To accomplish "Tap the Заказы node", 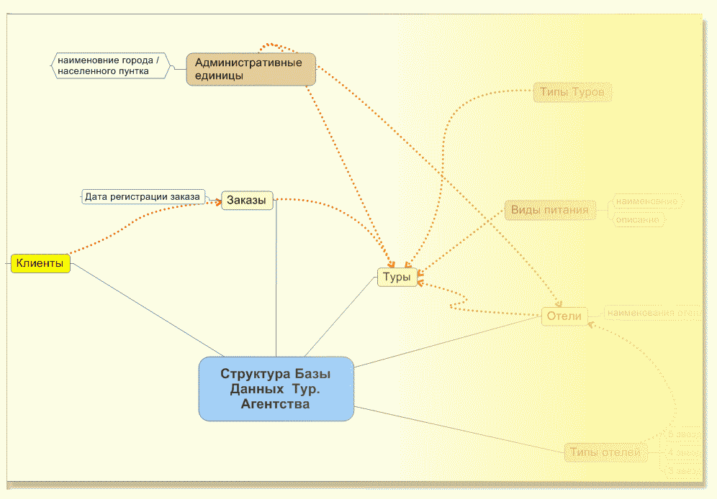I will point(246,200).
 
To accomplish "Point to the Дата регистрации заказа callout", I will point(142,196).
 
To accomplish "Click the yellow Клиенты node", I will point(40,264).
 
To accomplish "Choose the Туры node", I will point(397,277).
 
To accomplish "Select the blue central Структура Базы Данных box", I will point(276,389).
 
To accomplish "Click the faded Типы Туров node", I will point(572,93).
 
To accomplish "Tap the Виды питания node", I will point(550,211).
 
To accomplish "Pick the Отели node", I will point(564,316).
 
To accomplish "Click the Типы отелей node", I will point(605,453).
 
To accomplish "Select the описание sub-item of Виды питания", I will point(638,220).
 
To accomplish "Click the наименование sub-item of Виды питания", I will point(646,202).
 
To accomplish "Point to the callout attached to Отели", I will point(652,313).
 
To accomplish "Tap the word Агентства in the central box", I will point(276,405).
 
